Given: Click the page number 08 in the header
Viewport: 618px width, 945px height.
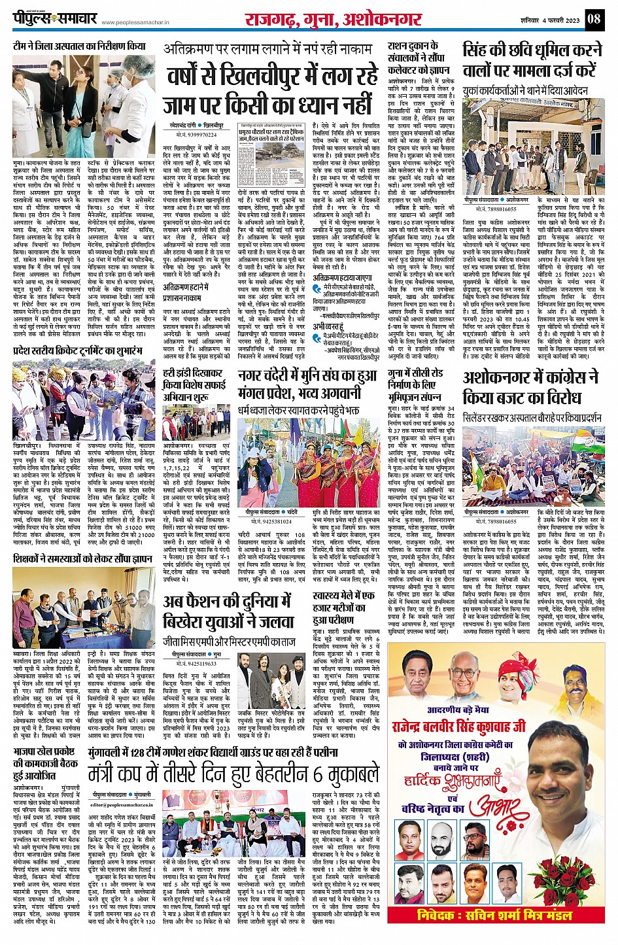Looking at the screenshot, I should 592,18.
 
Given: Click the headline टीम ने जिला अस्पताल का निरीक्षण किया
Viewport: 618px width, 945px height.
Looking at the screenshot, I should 79,46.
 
